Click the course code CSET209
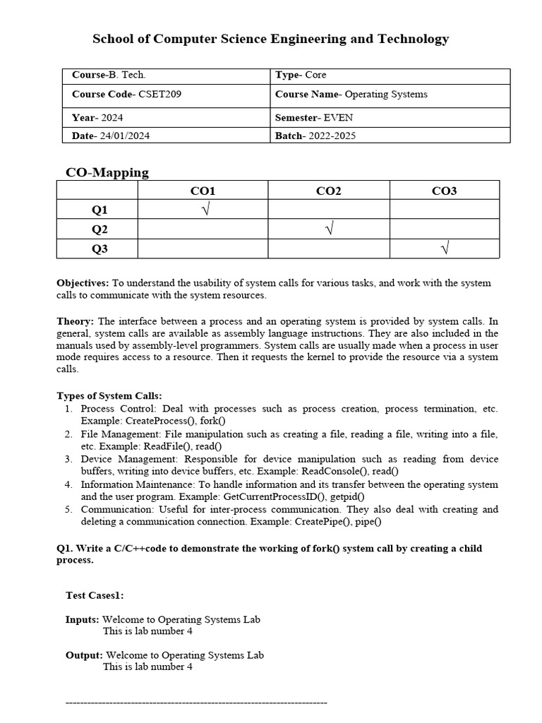point(160,94)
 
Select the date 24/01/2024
point(124,136)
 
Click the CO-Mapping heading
point(107,172)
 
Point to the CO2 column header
point(328,191)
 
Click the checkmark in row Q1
point(205,210)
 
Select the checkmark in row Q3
point(445,248)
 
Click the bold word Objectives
point(83,282)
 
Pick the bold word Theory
point(75,321)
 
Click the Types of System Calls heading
point(109,395)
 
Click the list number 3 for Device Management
point(68,459)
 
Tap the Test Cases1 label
point(95,595)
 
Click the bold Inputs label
point(82,619)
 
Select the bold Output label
point(84,655)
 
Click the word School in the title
point(116,39)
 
